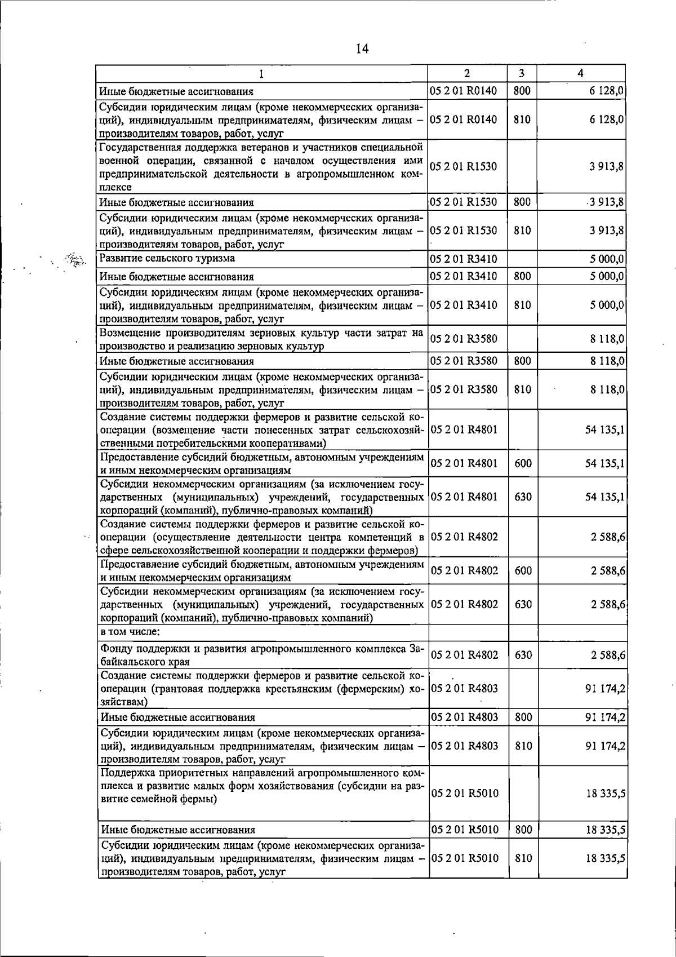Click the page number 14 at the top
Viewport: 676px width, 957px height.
tap(362, 49)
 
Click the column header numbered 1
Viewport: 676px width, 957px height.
tap(261, 73)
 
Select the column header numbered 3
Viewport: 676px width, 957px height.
tap(522, 73)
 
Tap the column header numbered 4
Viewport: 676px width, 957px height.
tap(581, 73)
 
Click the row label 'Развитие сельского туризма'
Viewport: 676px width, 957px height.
tap(167, 259)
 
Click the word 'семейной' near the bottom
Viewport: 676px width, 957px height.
tap(153, 799)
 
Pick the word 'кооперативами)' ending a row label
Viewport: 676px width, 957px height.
tap(288, 443)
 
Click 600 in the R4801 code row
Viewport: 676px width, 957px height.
tap(523, 464)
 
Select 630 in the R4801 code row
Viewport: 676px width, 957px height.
tap(523, 497)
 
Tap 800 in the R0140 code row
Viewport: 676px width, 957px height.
tap(522, 91)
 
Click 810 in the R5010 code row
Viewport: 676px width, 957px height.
tap(523, 874)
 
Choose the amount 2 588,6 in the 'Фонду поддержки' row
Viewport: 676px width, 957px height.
tap(608, 655)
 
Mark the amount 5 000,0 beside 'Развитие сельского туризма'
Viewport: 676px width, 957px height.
tap(607, 259)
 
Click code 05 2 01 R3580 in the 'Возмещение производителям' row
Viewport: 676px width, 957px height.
tap(464, 339)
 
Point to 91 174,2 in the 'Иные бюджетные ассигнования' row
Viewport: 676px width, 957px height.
tap(605, 717)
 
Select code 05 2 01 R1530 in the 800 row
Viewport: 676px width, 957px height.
tap(464, 202)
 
